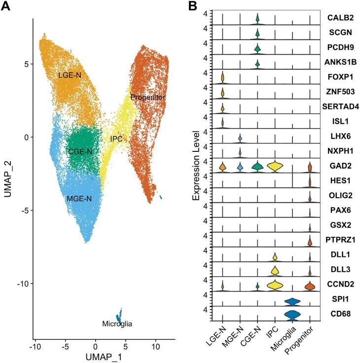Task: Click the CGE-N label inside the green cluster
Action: (x=80, y=151)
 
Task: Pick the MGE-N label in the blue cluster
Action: (x=79, y=198)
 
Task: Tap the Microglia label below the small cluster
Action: (x=118, y=324)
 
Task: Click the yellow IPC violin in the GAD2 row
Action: (x=275, y=167)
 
